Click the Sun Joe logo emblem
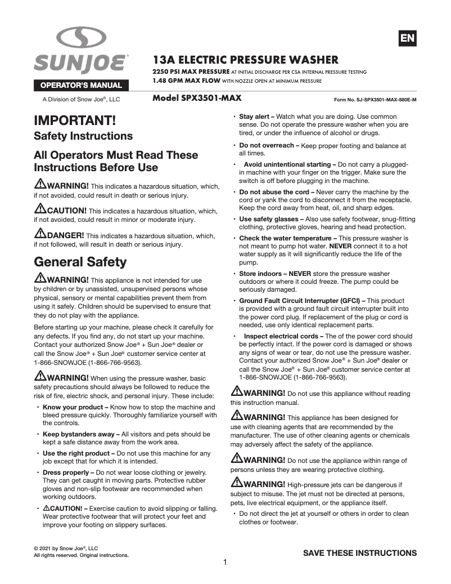pyautogui.click(x=81, y=38)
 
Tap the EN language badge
pyautogui.click(x=407, y=38)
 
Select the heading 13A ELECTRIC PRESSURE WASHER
pyautogui.click(x=246, y=60)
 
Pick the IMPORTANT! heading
pyautogui.click(x=75, y=121)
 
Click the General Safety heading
pyautogui.click(x=80, y=262)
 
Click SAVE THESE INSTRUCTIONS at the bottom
pyautogui.click(x=360, y=552)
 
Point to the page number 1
pyautogui.click(x=225, y=562)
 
